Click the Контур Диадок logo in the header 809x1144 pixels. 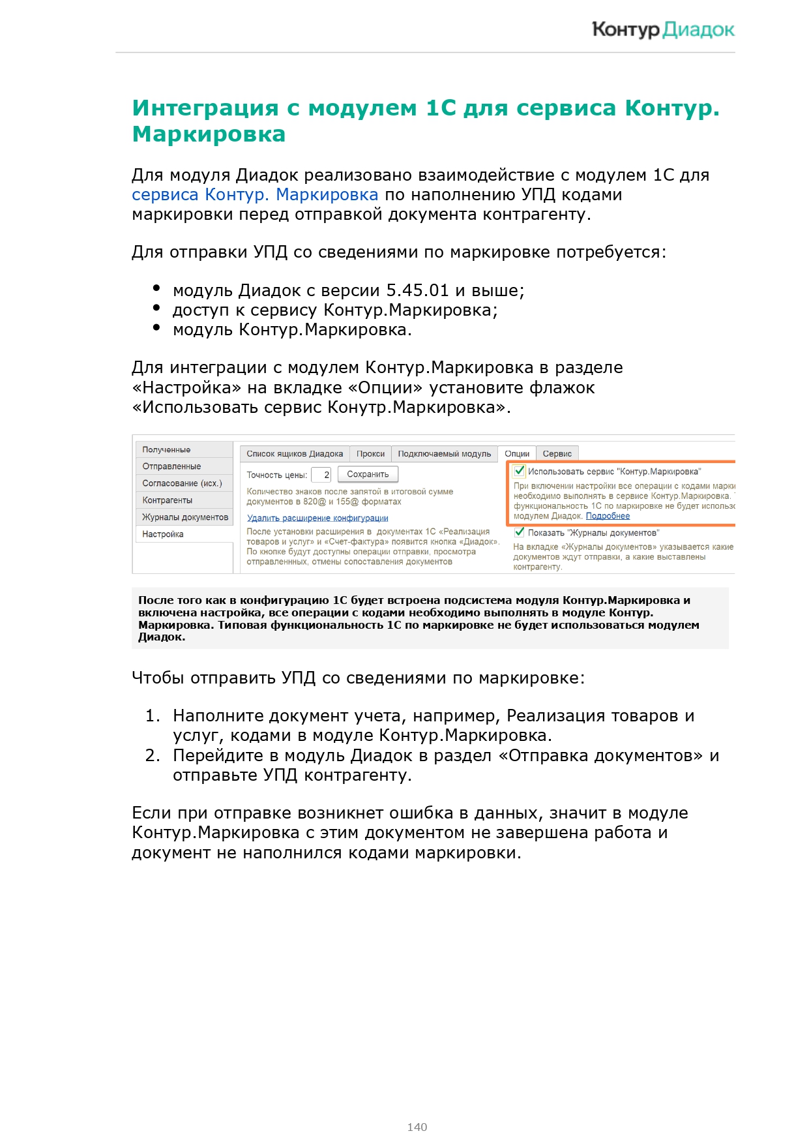[662, 30]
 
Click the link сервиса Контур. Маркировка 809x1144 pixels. [255, 195]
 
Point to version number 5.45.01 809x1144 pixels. [417, 291]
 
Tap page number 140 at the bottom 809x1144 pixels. [417, 1126]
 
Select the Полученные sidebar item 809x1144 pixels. [167, 450]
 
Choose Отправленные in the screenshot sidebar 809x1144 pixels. [172, 466]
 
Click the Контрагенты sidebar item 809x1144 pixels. [168, 500]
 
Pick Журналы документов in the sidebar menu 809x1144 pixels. [185, 517]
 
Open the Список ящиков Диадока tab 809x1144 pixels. [295, 454]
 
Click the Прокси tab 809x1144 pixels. [370, 454]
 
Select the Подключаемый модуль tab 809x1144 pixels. [444, 454]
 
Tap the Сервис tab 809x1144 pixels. [557, 454]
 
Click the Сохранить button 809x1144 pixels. [368, 475]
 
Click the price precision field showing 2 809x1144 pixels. [322, 475]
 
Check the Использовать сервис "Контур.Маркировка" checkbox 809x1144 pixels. [520, 471]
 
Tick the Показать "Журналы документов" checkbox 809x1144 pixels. [520, 532]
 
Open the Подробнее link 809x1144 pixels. [608, 516]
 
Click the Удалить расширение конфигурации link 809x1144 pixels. [317, 519]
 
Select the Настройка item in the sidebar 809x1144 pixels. [163, 534]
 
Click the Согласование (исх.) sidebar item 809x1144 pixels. [182, 483]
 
